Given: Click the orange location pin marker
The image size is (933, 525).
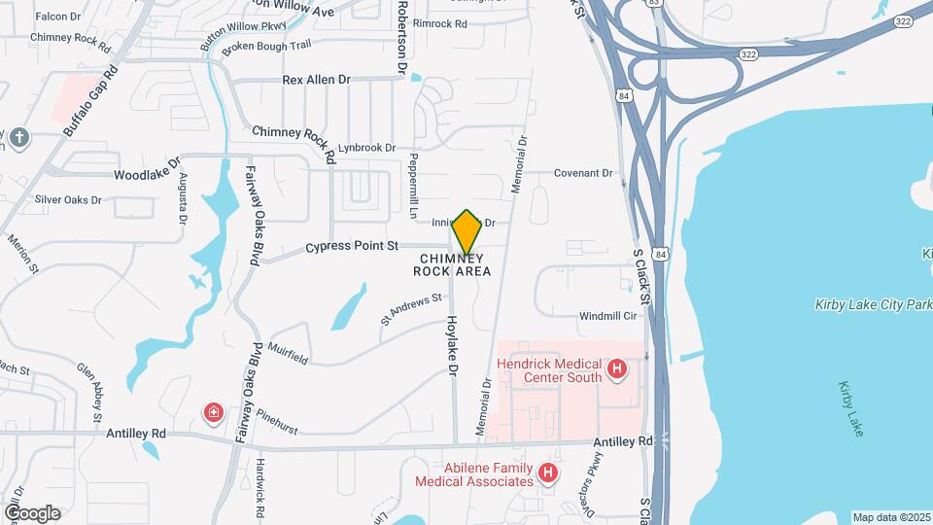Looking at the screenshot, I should [466, 232].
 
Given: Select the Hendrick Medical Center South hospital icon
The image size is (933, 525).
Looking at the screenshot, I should [615, 368].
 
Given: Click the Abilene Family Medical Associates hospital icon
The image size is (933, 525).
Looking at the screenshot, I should [548, 473].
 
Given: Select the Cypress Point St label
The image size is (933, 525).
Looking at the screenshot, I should [352, 247].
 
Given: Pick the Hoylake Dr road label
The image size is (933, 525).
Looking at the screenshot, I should [452, 346].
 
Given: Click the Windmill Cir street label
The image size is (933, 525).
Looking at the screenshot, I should [607, 317].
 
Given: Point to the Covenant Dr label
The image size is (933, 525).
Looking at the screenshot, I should [584, 173].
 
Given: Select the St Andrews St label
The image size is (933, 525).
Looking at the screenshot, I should [410, 309].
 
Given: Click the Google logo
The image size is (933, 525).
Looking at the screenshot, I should [32, 512].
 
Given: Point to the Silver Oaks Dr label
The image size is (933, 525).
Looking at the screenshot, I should [69, 200].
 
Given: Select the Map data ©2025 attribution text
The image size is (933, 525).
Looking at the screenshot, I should [889, 516].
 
